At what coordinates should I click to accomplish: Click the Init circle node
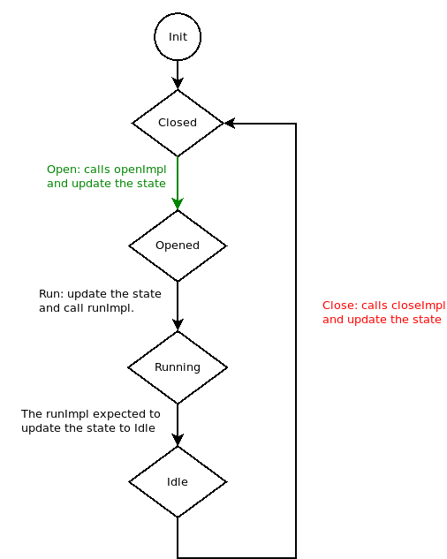pyautogui.click(x=178, y=37)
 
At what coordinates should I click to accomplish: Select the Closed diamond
pyautogui.click(x=178, y=123)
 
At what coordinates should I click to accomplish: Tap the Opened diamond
pyautogui.click(x=178, y=246)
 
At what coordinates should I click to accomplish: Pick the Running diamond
pyautogui.click(x=178, y=367)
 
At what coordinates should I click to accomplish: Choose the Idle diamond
pyautogui.click(x=178, y=482)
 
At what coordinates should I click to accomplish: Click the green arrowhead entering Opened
pyautogui.click(x=178, y=204)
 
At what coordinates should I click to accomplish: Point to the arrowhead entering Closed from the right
pyautogui.click(x=229, y=123)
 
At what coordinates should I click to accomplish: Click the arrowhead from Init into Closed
pyautogui.click(x=178, y=83)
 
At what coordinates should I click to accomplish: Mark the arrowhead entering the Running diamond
pyautogui.click(x=178, y=325)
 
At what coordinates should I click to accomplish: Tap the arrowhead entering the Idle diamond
pyautogui.click(x=178, y=440)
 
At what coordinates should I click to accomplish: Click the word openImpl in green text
pyautogui.click(x=140, y=169)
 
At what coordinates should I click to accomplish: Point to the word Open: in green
pyautogui.click(x=62, y=169)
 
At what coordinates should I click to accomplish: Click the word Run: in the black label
pyautogui.click(x=50, y=293)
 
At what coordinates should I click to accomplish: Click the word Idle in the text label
pyautogui.click(x=145, y=428)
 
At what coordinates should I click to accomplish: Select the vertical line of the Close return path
pyautogui.click(x=295, y=353)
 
